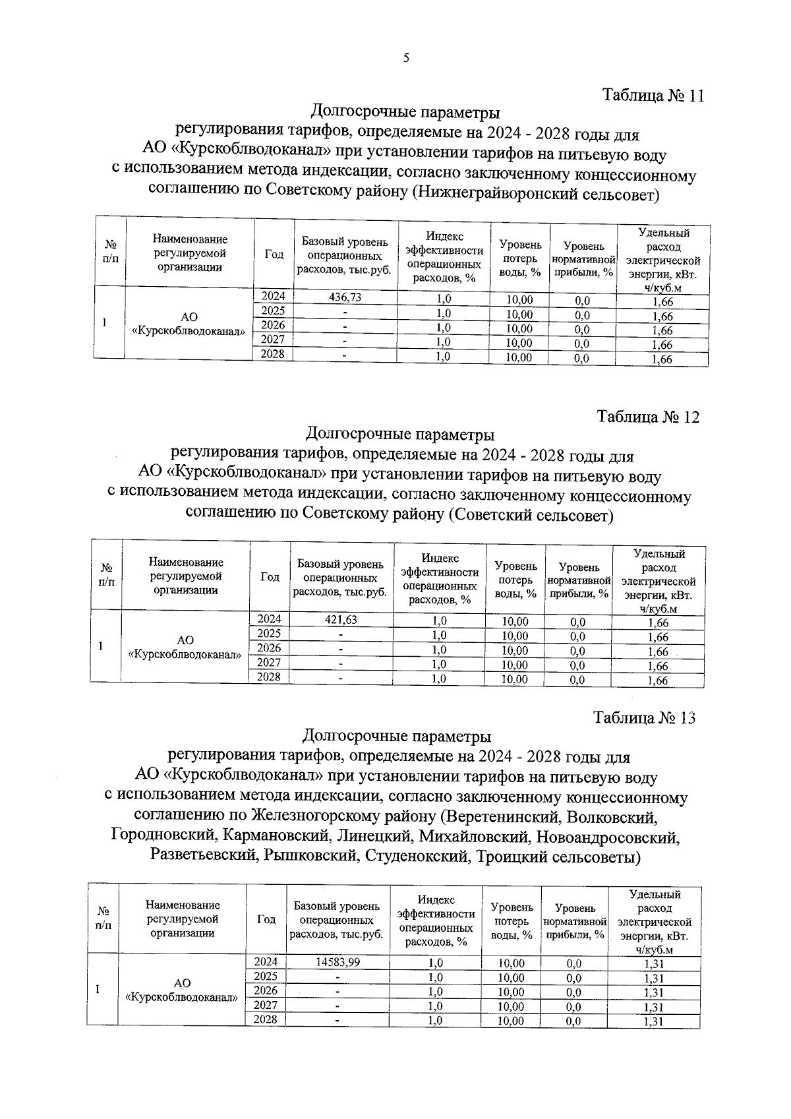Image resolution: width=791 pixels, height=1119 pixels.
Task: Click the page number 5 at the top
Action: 406,58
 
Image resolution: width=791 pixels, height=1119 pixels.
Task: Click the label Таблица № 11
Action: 653,96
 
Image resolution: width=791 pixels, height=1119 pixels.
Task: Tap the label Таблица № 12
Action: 648,417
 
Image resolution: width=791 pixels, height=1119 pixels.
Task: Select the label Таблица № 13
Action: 644,718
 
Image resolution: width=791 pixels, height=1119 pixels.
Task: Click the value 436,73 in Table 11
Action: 345,297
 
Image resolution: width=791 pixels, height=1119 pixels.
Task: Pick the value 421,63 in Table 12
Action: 341,619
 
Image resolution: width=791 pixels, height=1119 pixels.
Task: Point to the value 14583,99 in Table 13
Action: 337,962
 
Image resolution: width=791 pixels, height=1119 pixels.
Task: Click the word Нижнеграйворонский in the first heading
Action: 488,195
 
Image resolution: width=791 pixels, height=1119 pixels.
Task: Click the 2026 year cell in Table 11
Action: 274,325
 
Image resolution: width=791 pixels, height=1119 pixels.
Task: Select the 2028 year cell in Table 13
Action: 266,1019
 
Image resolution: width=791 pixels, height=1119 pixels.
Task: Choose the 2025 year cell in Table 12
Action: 269,634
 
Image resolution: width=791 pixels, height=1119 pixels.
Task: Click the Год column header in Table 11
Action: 274,255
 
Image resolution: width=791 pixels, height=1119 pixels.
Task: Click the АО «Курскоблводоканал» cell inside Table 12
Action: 185,647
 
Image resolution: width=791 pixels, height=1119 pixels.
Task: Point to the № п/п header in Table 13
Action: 103,919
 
